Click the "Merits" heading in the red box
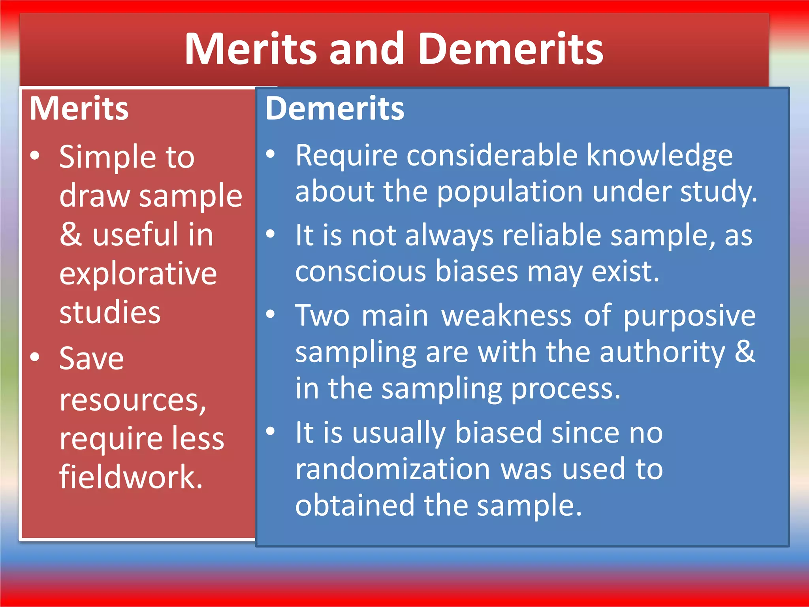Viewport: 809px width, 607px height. [79, 109]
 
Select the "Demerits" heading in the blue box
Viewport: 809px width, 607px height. [335, 109]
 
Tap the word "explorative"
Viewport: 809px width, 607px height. [138, 273]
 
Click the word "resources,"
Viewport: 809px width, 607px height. [133, 400]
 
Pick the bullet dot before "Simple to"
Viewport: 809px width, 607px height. [35, 156]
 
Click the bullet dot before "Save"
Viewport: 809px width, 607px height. [35, 357]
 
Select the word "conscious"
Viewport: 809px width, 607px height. [361, 271]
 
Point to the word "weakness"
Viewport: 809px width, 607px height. [506, 315]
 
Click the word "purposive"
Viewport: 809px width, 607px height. [689, 315]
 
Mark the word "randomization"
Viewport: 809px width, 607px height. [393, 469]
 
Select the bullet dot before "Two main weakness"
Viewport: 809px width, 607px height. [271, 314]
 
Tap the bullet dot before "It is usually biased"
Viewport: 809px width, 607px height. [271, 431]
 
